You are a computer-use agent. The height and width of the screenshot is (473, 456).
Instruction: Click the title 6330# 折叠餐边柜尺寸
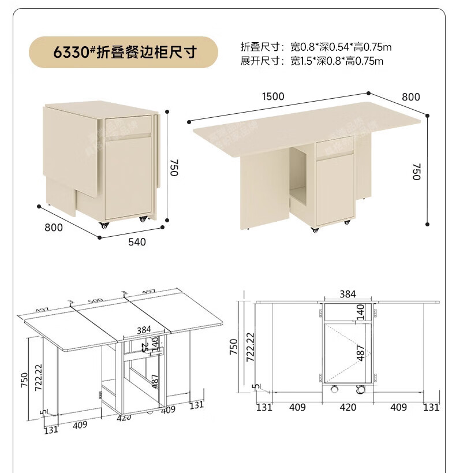tap(125, 53)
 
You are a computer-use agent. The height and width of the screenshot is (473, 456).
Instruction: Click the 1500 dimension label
tap(273, 96)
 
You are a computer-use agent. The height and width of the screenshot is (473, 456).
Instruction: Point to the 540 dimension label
tap(137, 241)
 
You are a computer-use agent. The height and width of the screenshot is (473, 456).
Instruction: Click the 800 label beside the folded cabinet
tap(54, 228)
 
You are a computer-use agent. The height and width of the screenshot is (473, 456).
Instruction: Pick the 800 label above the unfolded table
tap(411, 96)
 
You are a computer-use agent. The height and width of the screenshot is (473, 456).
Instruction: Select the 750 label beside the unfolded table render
tap(417, 172)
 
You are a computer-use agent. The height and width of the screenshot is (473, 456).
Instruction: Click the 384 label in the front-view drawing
tap(347, 294)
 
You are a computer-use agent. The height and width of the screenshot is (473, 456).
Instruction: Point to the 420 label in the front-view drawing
tap(347, 408)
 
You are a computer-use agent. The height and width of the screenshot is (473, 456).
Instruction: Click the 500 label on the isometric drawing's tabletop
tap(95, 301)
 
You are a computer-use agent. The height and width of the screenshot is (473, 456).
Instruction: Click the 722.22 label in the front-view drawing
tap(250, 347)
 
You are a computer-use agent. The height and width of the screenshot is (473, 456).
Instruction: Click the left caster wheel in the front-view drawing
tap(333, 391)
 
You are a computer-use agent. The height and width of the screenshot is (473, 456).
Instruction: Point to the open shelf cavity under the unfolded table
tap(300, 176)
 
